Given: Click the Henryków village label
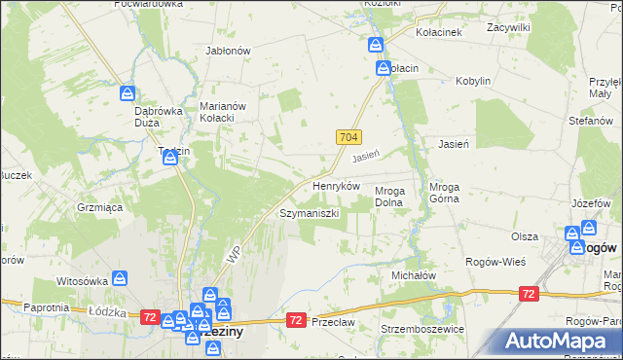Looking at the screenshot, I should coord(336,185).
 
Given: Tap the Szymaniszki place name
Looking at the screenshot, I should coord(309,212).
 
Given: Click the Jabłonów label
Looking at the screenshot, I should coord(229,51).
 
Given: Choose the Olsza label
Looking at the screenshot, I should coord(525,236).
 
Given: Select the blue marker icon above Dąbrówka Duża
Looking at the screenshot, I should coord(128,93).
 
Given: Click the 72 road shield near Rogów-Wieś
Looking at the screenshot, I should coord(529,293).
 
